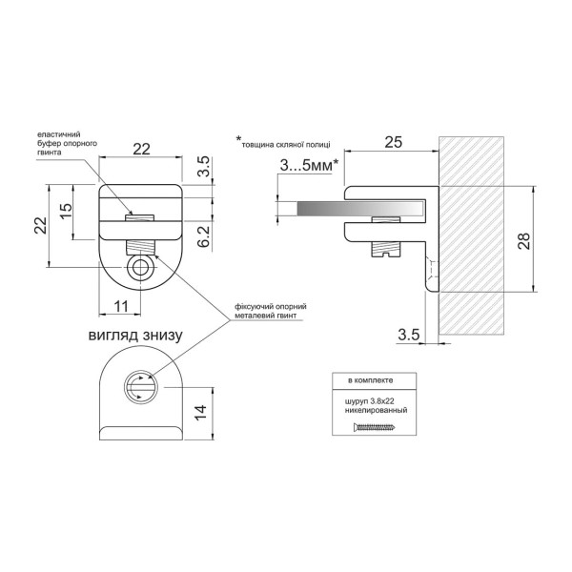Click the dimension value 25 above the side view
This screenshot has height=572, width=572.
(x=393, y=142)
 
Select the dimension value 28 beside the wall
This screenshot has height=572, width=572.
(x=524, y=240)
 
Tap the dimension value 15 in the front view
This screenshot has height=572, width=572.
(x=67, y=212)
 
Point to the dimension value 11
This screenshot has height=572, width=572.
(x=121, y=306)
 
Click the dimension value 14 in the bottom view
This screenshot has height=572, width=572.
(x=200, y=413)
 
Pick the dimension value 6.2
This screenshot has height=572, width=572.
(x=204, y=236)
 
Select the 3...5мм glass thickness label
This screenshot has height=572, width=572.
(x=310, y=166)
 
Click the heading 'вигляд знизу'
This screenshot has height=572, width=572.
(x=135, y=336)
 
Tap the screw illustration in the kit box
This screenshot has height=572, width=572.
(x=375, y=426)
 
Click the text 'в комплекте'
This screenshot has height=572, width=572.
(x=370, y=380)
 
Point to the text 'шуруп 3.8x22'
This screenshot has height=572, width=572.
(x=370, y=401)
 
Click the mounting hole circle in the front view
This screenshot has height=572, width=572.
(x=141, y=268)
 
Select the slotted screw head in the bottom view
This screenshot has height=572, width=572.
(x=141, y=387)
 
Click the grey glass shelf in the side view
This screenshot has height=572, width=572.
(x=361, y=208)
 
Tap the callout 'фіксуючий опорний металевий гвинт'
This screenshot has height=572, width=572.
(x=271, y=311)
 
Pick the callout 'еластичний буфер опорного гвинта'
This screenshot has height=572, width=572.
(x=68, y=143)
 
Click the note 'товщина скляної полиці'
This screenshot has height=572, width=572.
(x=286, y=145)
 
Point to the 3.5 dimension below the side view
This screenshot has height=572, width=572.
(x=409, y=335)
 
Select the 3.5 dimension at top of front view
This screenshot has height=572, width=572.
(x=204, y=166)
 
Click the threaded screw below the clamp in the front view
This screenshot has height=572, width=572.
(x=140, y=247)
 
